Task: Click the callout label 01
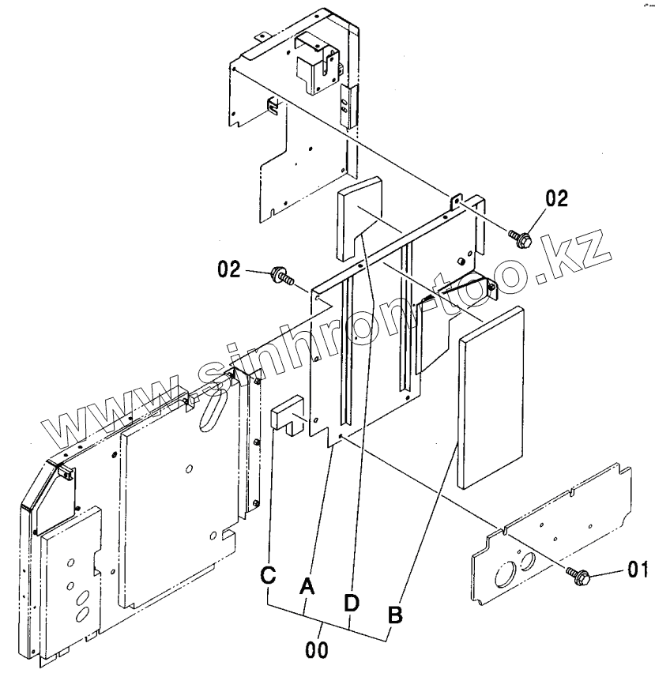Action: click(638, 568)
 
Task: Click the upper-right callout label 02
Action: click(556, 198)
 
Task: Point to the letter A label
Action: click(307, 585)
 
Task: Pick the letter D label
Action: click(352, 603)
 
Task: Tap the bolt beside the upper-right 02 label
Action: click(519, 236)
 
